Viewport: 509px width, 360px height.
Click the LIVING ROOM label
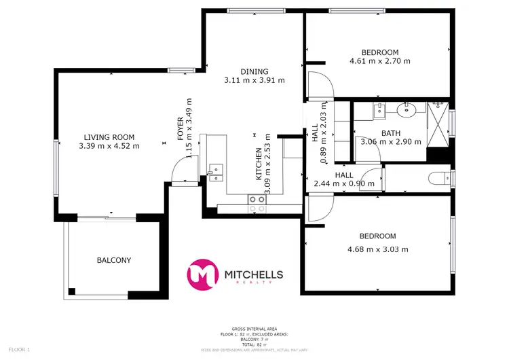[x=109, y=136]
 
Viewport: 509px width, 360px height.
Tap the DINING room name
[x=254, y=71]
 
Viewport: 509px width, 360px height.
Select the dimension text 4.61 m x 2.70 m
[x=380, y=61]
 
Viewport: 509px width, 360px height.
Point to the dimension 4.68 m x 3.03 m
[x=377, y=249]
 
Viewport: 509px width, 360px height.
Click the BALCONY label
[x=113, y=260]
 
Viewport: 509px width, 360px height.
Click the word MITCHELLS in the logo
[x=253, y=274]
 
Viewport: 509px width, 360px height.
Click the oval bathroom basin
[x=410, y=108]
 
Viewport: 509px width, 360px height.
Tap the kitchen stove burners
[x=257, y=199]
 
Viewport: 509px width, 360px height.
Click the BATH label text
[x=391, y=133]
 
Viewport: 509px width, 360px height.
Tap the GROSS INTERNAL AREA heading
[x=254, y=329]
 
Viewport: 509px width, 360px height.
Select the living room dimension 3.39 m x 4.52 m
[x=109, y=145]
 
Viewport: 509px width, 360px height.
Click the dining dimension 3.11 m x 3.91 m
[x=254, y=80]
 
